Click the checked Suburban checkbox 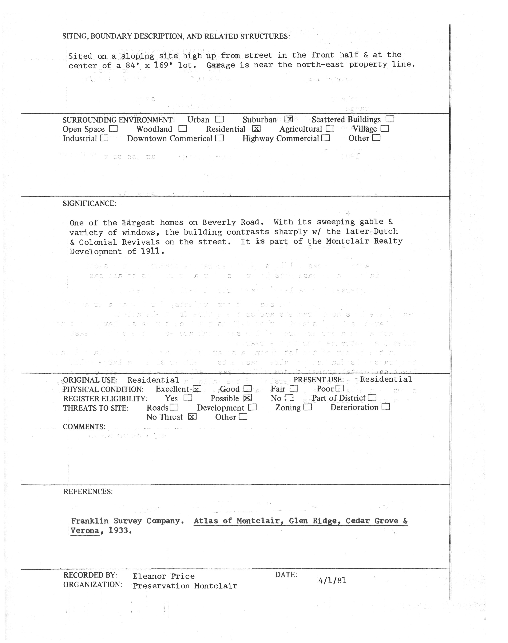[x=288, y=119]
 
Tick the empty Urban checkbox [x=220, y=119]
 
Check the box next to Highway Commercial [x=326, y=138]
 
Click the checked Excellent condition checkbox [x=197, y=389]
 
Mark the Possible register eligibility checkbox [x=248, y=398]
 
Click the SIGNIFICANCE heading [x=89, y=204]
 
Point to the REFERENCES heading [x=88, y=491]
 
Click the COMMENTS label [x=84, y=427]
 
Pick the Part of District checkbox [x=372, y=398]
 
